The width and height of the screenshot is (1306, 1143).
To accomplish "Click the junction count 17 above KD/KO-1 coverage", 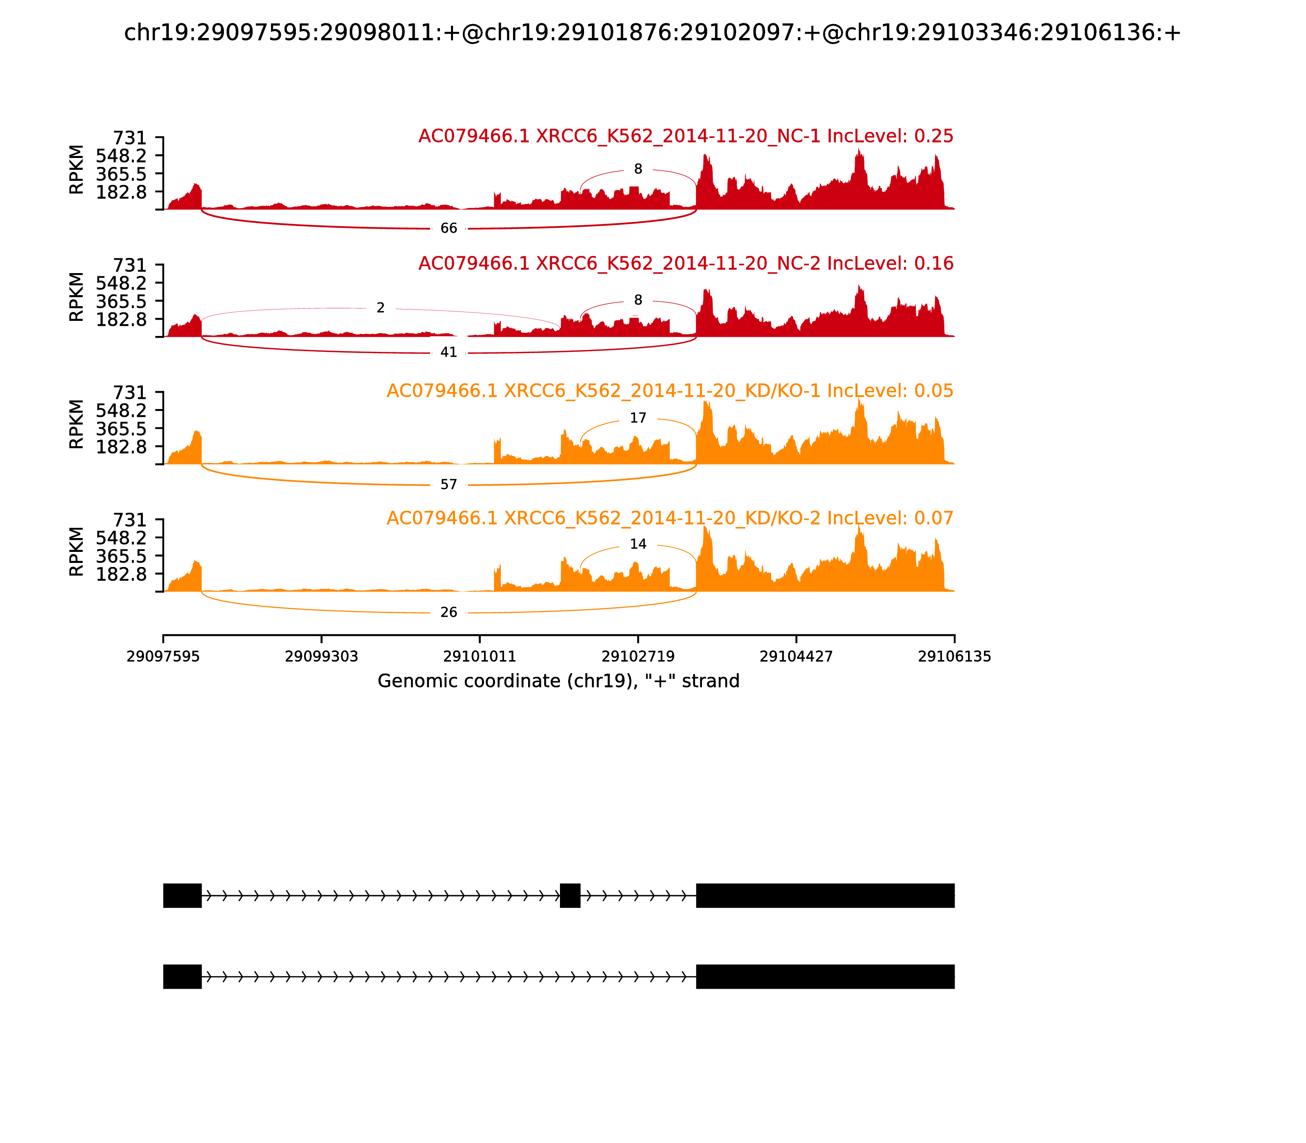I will click(x=637, y=418).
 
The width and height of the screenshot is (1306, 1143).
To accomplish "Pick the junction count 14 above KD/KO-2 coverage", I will click(x=637, y=544).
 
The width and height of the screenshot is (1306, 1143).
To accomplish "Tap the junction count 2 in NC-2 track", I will click(x=381, y=308).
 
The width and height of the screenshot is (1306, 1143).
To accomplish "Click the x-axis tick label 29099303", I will click(x=322, y=656).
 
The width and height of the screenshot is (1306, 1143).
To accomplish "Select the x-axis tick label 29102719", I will click(x=637, y=656).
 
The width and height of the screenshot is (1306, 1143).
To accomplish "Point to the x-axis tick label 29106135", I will click(x=954, y=656).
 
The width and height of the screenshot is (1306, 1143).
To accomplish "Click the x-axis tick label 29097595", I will click(x=163, y=656).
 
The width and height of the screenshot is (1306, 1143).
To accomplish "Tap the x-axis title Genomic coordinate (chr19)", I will click(x=558, y=681).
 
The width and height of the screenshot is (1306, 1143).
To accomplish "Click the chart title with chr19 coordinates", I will click(x=652, y=33).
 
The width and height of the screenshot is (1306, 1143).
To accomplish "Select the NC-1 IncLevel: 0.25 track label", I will click(x=686, y=136).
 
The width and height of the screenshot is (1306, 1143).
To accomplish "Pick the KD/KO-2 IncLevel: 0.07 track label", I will click(x=670, y=518).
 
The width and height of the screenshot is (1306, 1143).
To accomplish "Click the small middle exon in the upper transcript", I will click(x=570, y=896).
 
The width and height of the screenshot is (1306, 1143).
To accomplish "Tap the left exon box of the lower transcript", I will click(x=182, y=976).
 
